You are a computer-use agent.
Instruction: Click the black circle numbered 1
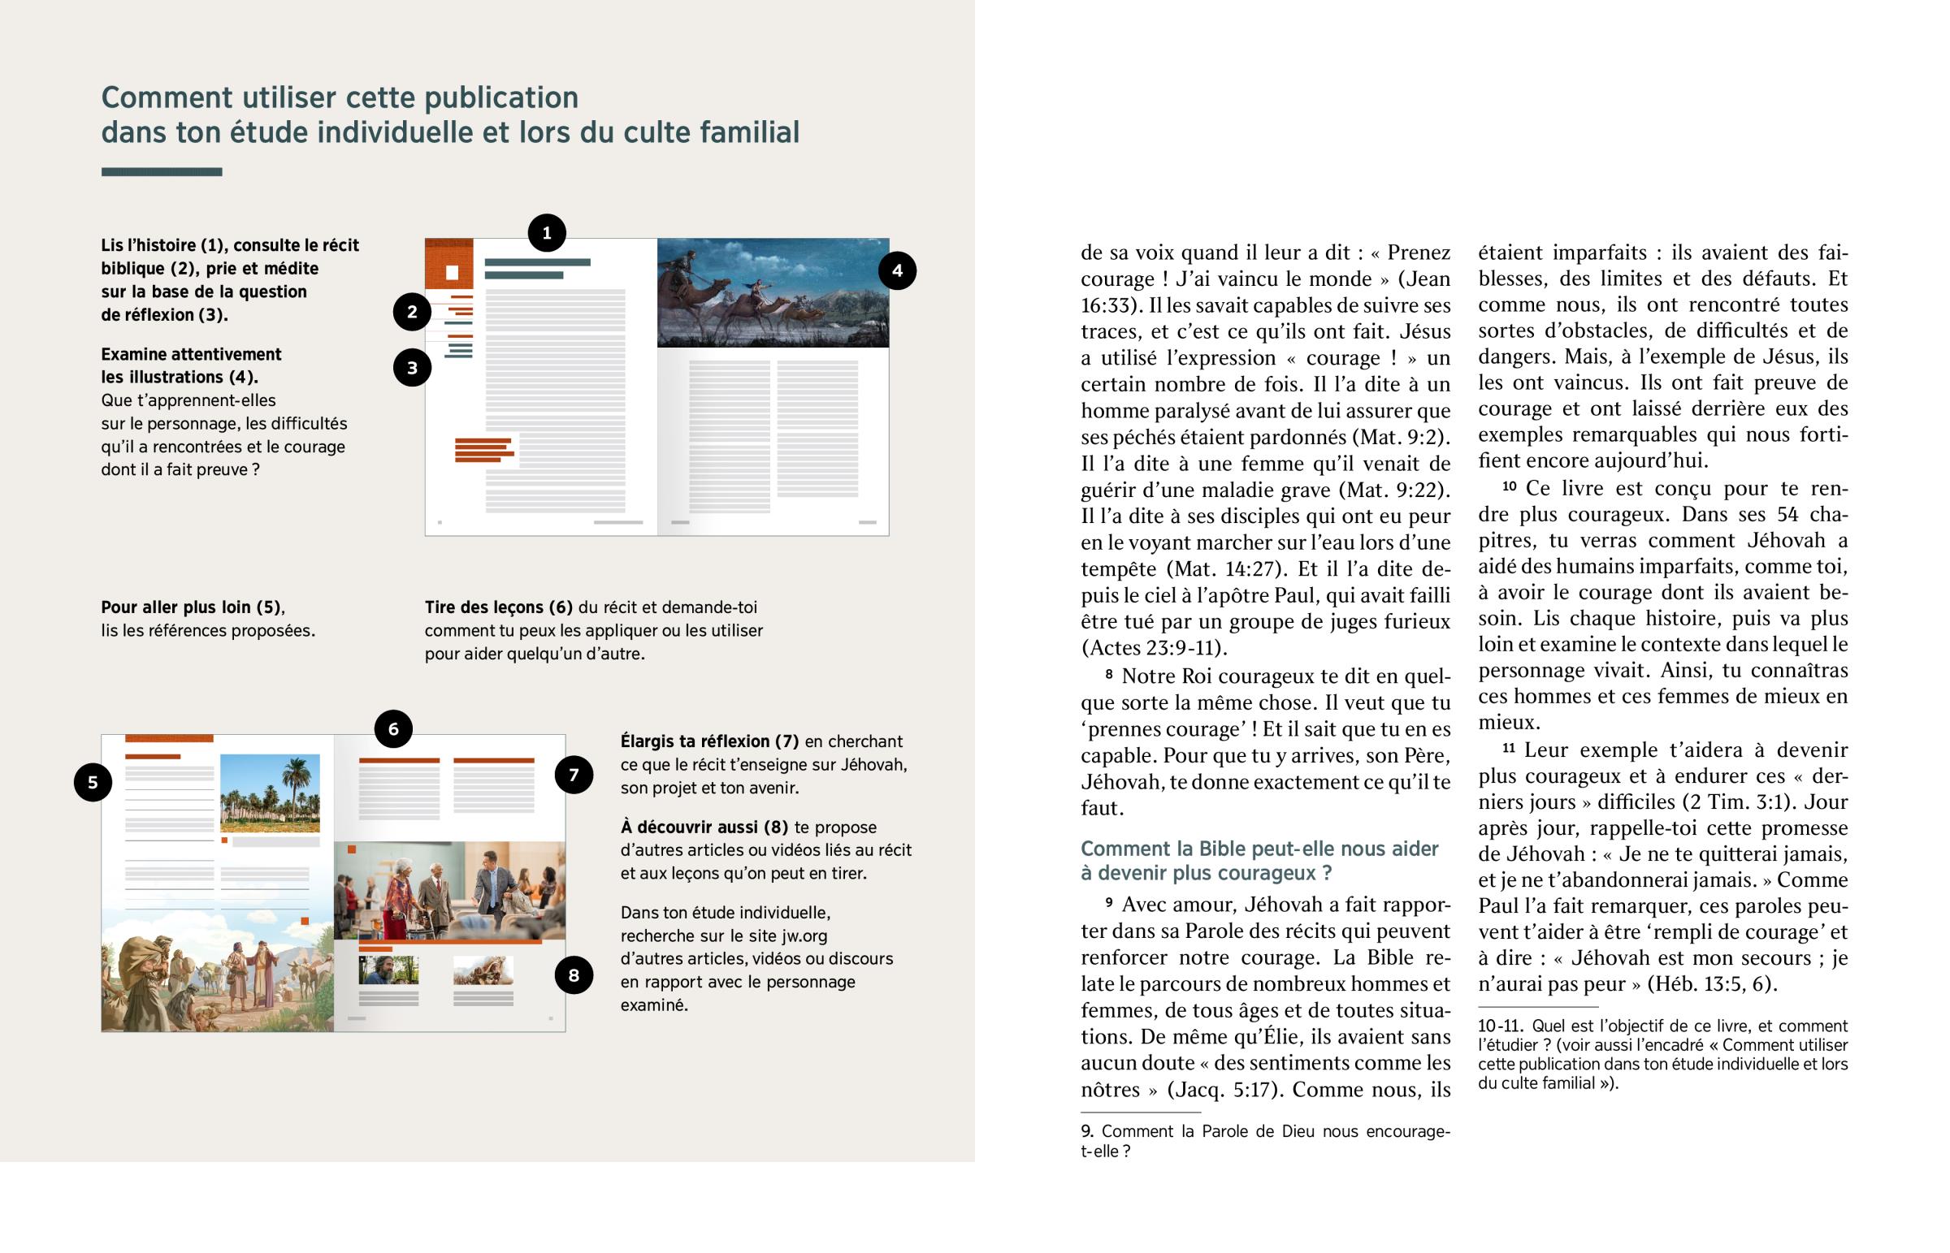point(546,233)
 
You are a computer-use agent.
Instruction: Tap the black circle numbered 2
point(412,312)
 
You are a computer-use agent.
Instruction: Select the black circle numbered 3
point(412,368)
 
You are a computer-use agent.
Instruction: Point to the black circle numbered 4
point(897,271)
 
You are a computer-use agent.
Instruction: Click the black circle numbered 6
point(393,729)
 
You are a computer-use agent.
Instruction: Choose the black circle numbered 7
point(574,775)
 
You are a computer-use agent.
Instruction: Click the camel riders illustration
point(773,293)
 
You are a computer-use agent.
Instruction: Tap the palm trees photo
point(270,793)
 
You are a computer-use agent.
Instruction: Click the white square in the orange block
point(452,273)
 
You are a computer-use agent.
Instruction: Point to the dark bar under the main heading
point(161,171)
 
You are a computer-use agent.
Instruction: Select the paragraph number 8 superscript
point(1108,674)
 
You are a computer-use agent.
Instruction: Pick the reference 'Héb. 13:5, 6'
point(1709,983)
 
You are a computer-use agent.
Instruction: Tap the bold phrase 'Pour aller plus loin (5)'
point(192,607)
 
